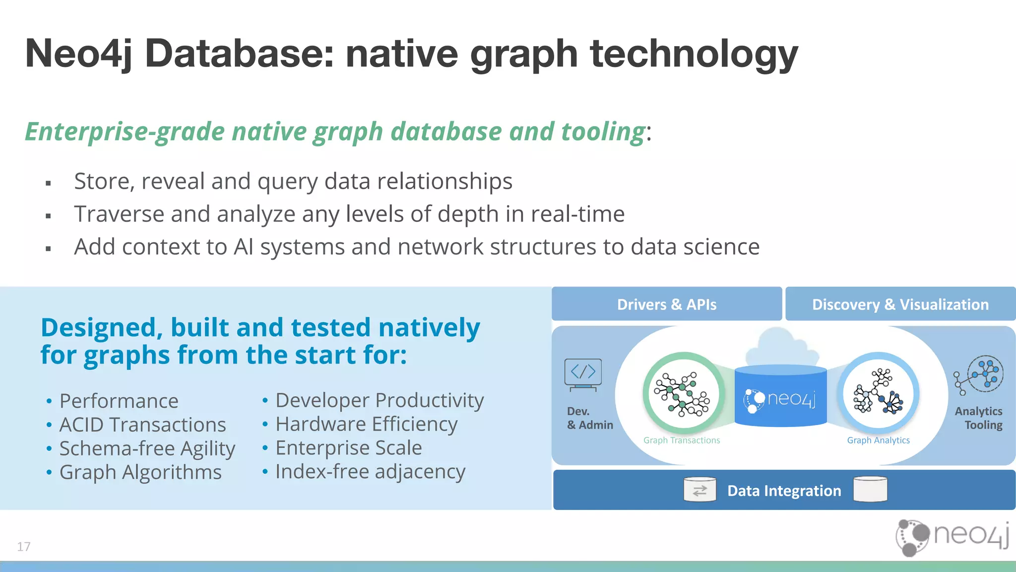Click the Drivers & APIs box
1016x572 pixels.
666,304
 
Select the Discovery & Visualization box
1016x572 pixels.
900,304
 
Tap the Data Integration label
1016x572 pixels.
784,491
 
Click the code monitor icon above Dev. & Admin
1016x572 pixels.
583,374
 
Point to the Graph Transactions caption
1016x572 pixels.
681,440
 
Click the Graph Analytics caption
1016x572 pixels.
878,440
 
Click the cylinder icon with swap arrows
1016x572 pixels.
699,490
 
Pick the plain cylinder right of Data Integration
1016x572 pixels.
870,489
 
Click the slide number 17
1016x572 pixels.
23,547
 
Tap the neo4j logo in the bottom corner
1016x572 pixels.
952,536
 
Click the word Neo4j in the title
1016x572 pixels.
78,54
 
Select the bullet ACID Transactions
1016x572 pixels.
142,425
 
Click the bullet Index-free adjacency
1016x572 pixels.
370,471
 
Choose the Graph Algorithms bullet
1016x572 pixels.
140,472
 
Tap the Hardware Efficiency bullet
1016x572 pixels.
366,424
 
